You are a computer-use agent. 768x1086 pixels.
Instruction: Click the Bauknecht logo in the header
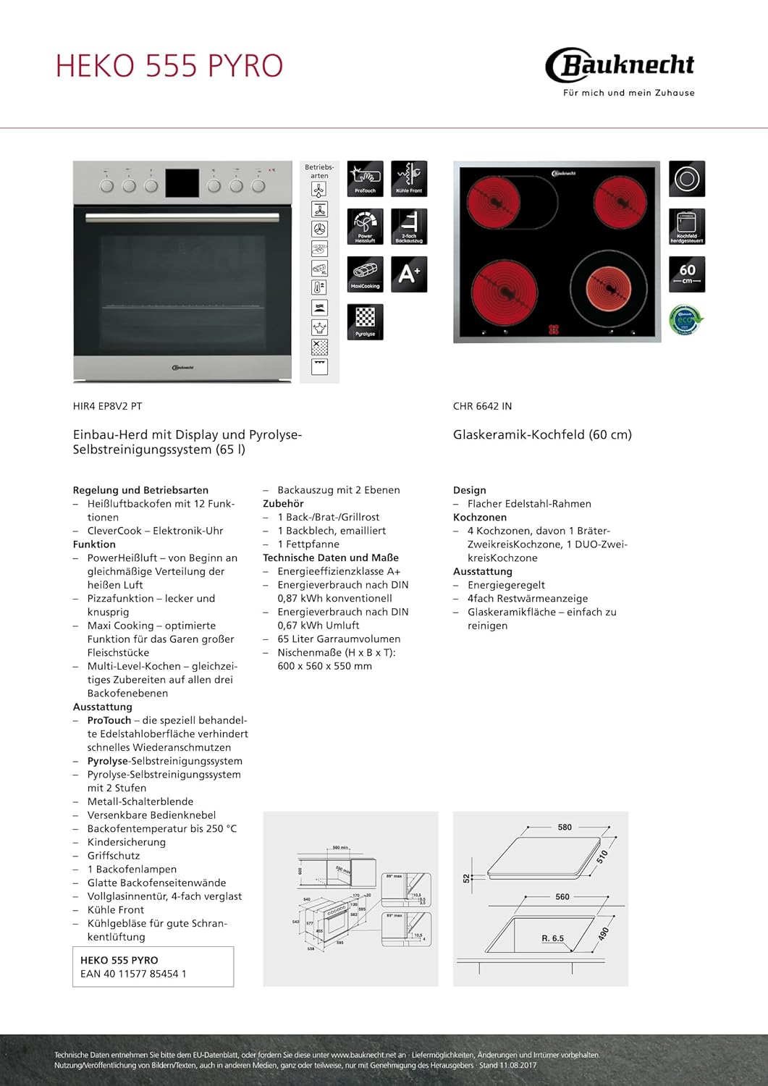click(620, 66)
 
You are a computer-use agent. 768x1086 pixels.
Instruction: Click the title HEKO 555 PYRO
click(169, 66)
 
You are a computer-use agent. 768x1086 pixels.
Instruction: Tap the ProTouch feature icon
click(365, 178)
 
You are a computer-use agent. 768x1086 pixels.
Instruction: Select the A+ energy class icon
click(408, 274)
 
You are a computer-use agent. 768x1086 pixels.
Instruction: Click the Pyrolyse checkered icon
click(365, 321)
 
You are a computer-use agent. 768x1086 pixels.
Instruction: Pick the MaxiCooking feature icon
click(365, 274)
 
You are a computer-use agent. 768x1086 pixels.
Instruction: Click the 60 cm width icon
click(686, 274)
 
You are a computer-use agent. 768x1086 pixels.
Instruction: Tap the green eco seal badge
click(685, 320)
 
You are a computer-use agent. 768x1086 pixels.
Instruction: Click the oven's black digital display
click(182, 184)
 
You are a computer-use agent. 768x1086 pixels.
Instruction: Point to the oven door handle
click(182, 216)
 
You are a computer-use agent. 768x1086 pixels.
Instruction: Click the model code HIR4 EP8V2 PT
click(107, 406)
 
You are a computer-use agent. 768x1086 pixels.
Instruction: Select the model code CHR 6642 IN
click(482, 406)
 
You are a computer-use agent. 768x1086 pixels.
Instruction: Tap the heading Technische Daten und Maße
click(330, 557)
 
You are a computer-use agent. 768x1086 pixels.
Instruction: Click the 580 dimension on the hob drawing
click(565, 827)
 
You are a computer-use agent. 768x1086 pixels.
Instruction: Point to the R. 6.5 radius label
click(552, 938)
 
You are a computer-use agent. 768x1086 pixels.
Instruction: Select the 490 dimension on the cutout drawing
click(603, 933)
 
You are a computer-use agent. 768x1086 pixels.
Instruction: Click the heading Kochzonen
click(479, 517)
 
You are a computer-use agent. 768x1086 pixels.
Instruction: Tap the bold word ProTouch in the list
click(109, 720)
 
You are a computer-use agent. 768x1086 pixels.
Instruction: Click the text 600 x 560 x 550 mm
click(324, 666)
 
